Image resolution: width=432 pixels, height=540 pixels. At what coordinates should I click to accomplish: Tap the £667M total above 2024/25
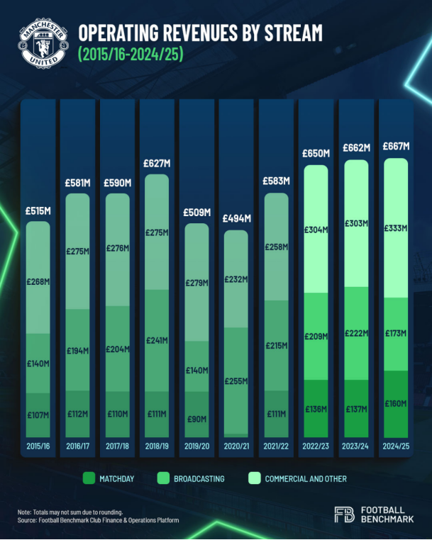pyautogui.click(x=396, y=147)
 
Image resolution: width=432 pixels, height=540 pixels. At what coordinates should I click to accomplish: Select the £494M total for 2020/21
pyautogui.click(x=237, y=218)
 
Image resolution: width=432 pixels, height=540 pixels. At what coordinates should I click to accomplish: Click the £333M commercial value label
pyautogui.click(x=396, y=228)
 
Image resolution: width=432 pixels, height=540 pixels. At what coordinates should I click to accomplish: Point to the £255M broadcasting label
pyautogui.click(x=237, y=381)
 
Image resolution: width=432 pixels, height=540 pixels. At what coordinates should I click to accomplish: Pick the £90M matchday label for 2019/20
pyautogui.click(x=197, y=420)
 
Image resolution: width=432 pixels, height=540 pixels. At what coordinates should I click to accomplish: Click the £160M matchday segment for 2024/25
pyautogui.click(x=396, y=404)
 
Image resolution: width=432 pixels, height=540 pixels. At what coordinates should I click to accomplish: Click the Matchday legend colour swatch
pyautogui.click(x=89, y=478)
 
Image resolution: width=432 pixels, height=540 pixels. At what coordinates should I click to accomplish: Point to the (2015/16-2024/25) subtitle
pyautogui.click(x=131, y=55)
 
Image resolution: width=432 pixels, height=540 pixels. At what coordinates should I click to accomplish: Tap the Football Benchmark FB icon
pyautogui.click(x=344, y=515)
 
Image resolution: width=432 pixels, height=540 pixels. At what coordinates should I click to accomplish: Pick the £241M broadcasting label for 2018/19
pyautogui.click(x=157, y=340)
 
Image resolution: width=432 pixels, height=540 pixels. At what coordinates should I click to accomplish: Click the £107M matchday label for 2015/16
pyautogui.click(x=39, y=414)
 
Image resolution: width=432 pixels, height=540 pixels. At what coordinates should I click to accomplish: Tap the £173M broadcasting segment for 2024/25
pyautogui.click(x=396, y=334)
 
